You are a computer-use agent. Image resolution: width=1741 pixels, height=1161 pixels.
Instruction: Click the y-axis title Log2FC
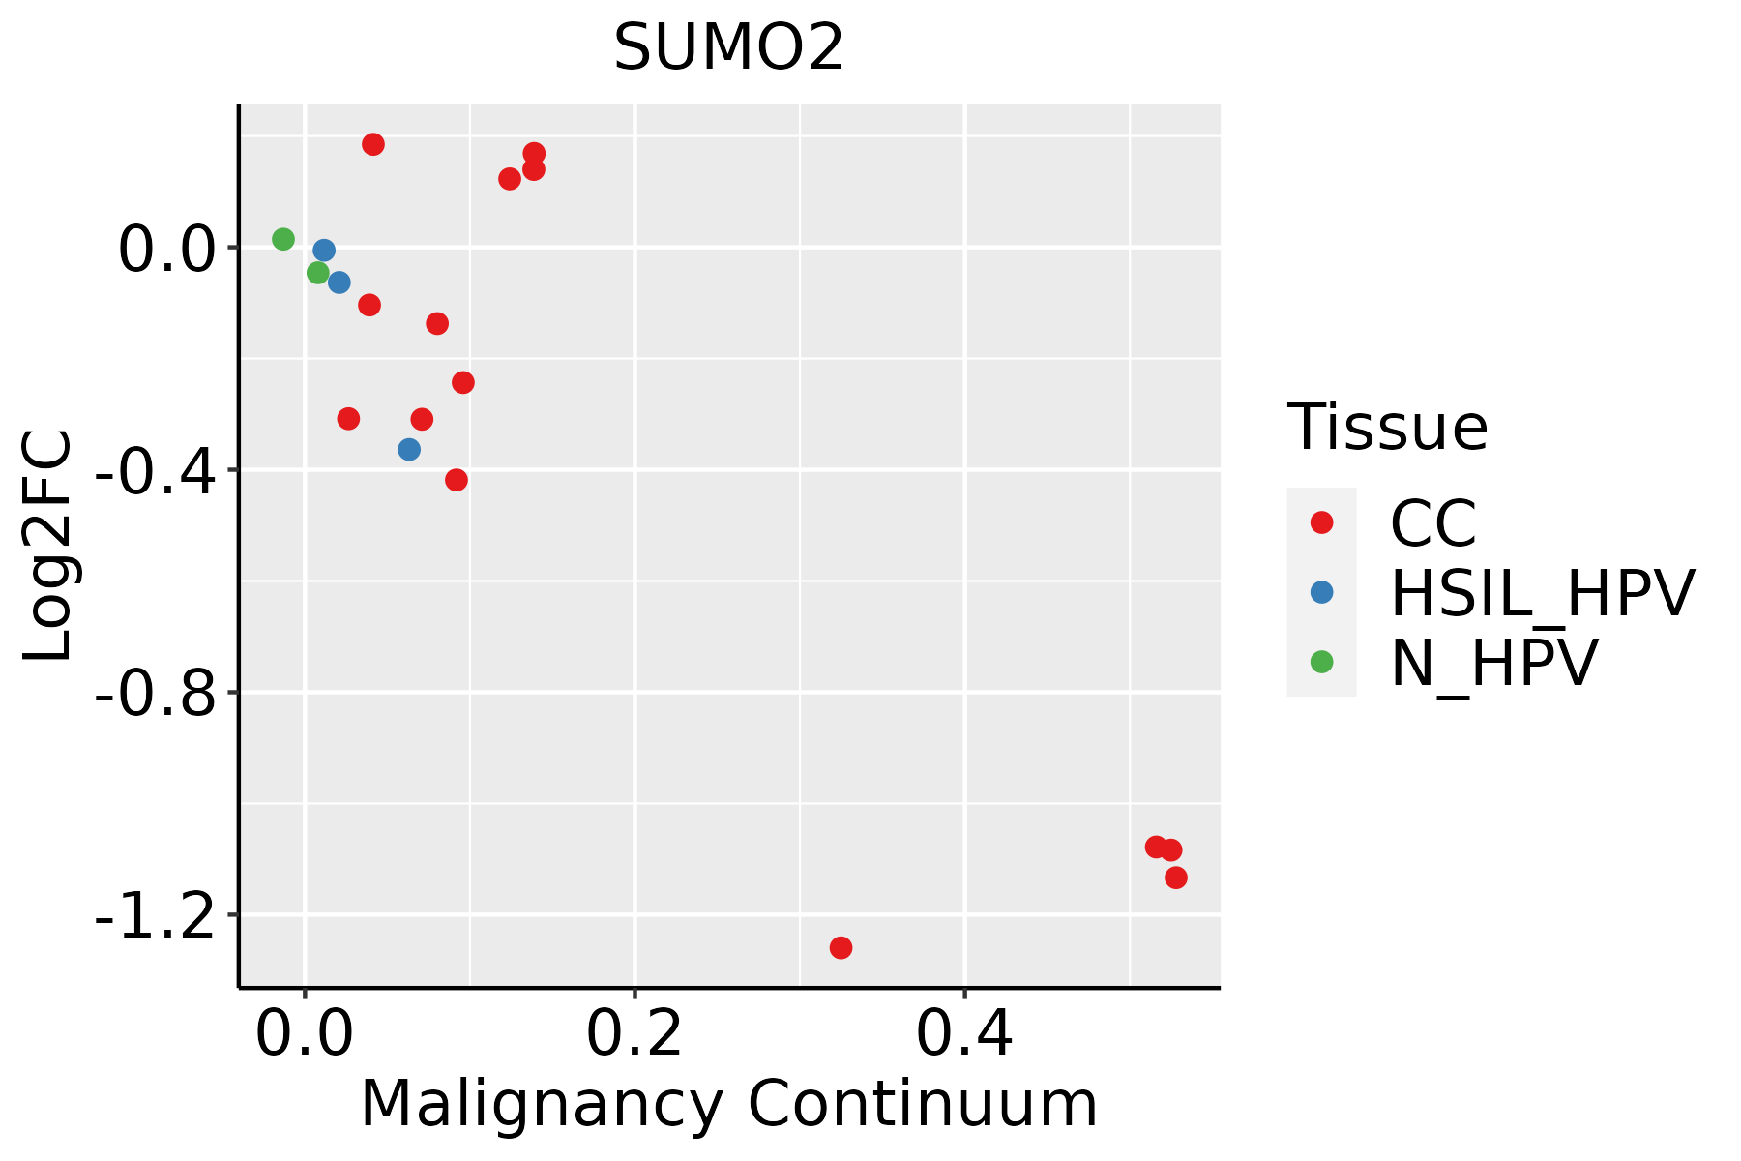coord(48,545)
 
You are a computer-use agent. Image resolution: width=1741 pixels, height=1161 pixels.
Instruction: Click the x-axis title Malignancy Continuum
coord(729,1104)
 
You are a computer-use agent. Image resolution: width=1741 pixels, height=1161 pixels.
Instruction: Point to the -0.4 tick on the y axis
coord(155,471)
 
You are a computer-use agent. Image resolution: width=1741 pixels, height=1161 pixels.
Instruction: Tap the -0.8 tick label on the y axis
coord(155,694)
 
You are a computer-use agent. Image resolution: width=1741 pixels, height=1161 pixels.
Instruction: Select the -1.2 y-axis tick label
coord(155,915)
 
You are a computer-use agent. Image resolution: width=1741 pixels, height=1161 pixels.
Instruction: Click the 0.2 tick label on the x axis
coord(634,1035)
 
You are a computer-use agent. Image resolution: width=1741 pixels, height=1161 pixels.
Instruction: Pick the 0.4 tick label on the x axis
coord(964,1035)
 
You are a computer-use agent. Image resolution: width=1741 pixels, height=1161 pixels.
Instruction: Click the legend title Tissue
coord(1387,427)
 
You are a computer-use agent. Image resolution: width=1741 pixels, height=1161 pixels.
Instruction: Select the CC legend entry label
coord(1433,523)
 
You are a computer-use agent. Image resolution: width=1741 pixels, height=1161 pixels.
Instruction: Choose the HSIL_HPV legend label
coord(1542,593)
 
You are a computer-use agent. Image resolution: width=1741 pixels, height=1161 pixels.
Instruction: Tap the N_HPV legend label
coord(1493,663)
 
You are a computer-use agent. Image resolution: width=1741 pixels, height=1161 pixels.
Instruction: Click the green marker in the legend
coord(1321,662)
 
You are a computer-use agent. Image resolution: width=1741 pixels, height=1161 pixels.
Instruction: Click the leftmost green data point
coord(283,239)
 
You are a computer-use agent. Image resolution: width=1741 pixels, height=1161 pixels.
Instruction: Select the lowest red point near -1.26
coord(841,947)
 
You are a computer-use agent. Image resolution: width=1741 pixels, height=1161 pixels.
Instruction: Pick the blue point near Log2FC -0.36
coord(409,450)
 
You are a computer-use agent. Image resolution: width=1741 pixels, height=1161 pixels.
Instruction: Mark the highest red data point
coord(373,144)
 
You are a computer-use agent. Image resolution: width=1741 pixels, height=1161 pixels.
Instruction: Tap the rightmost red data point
coord(1176,878)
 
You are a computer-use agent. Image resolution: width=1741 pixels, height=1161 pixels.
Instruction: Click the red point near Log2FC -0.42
coord(457,480)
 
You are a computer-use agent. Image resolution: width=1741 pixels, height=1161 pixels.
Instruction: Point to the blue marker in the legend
coord(1321,592)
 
